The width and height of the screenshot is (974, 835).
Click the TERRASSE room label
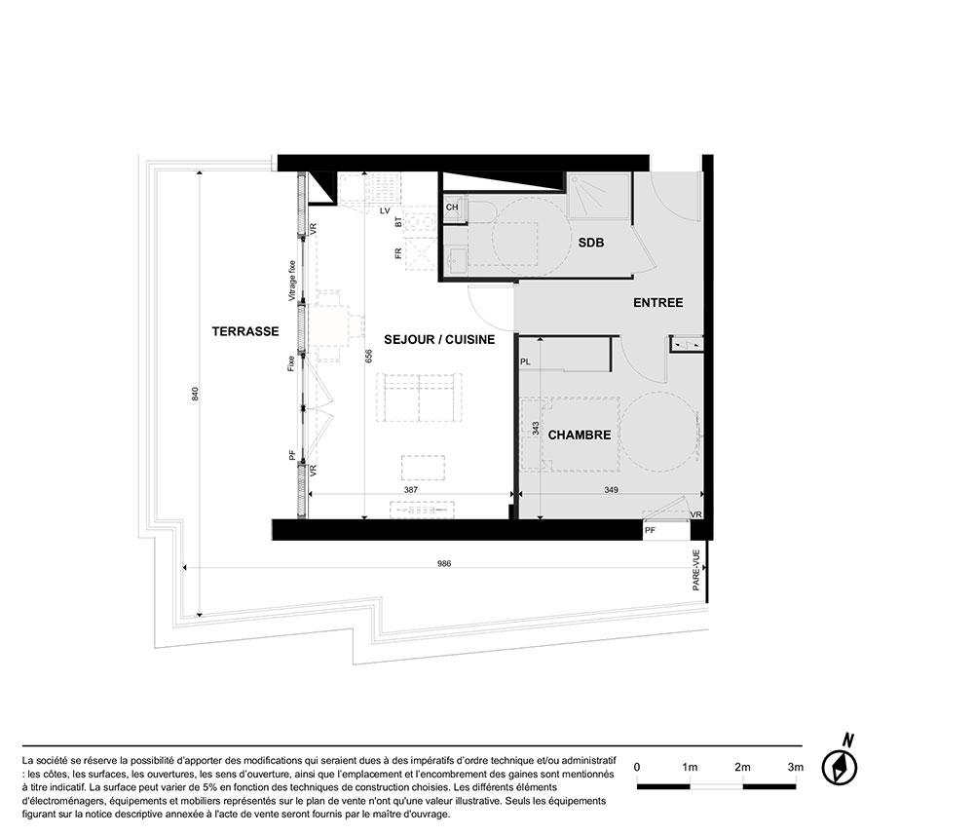245,331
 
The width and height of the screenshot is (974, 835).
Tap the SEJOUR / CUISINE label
439,339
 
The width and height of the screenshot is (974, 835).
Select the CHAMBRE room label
580,435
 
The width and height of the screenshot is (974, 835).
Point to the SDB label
591,243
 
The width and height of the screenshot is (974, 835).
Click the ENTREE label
657,303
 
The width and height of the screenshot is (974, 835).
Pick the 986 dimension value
444,563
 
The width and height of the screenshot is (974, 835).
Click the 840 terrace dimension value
195,394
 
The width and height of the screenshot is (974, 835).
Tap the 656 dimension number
368,356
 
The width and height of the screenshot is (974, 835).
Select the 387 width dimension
411,489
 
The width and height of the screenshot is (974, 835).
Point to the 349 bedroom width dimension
612,489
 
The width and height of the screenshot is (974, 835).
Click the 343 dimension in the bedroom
536,428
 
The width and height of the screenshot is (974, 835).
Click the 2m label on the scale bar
742,767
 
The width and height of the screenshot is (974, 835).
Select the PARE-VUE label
696,570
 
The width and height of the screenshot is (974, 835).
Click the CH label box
452,207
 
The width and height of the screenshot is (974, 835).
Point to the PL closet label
525,361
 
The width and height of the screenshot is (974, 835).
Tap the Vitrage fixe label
292,281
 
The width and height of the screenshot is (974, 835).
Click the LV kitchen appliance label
385,210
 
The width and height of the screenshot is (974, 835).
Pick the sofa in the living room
419,398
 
